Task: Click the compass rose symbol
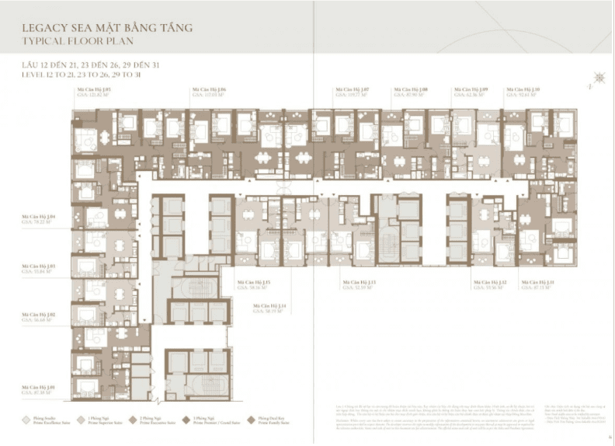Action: pyautogui.click(x=599, y=77)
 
